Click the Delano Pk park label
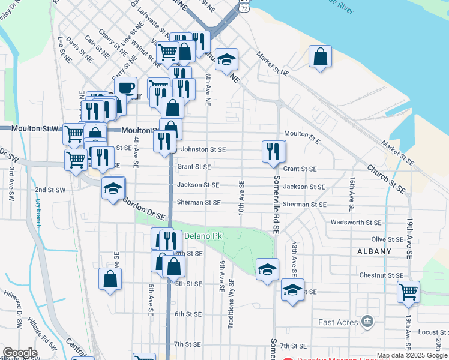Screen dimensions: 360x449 tap(203, 236)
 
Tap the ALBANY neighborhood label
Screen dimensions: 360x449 tap(374, 251)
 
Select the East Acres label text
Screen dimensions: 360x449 tap(337, 323)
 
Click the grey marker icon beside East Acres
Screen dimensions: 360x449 tap(367, 323)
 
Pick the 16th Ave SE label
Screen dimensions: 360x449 tap(353, 191)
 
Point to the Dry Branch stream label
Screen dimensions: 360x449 tap(38, 212)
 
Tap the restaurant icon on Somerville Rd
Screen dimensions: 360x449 tap(274, 151)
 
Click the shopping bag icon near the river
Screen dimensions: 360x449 tap(321, 57)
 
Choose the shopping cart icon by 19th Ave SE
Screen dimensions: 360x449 tap(408, 292)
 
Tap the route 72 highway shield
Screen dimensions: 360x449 tap(243, 7)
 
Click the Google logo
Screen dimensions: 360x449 tap(19, 353)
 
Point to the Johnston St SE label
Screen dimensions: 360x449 tap(203, 149)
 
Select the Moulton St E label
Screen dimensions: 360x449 tap(302, 134)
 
